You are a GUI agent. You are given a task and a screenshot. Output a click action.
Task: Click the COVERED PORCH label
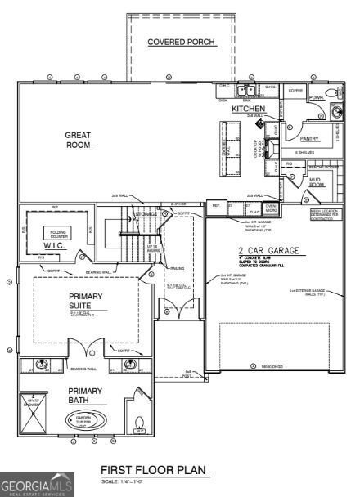pos(182,42)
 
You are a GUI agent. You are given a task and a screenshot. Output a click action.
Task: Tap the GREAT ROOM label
pos(79,140)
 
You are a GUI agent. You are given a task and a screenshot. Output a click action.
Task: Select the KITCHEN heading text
pos(248,108)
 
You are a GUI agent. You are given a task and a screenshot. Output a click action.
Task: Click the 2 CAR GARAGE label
pos(268,251)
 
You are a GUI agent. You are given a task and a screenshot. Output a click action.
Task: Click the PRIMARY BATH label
pos(85,396)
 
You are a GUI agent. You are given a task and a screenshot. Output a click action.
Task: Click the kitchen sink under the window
pos(247,91)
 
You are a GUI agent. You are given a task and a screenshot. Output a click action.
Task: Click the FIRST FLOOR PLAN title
pos(153,470)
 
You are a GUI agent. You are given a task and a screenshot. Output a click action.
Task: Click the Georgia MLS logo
pos(37,485)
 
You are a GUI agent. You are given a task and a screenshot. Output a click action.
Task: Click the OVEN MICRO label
pos(271,208)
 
